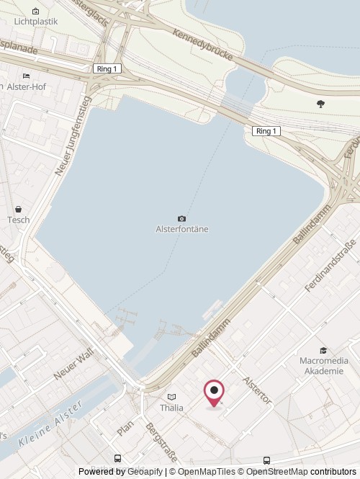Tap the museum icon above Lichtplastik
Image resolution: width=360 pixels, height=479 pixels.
click(36, 11)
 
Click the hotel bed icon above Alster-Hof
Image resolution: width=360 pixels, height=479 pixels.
click(27, 76)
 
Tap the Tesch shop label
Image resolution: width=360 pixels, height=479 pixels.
click(19, 220)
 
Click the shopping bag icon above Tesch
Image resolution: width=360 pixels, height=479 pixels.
click(19, 208)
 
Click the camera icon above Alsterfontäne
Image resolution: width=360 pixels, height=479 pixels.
click(181, 218)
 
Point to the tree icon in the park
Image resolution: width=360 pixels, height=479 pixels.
click(320, 104)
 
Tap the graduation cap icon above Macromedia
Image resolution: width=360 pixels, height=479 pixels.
click(323, 350)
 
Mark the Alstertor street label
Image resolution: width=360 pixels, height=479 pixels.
click(257, 390)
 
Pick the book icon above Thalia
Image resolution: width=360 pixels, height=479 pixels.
click(171, 397)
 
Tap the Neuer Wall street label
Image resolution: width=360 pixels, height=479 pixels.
click(73, 365)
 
